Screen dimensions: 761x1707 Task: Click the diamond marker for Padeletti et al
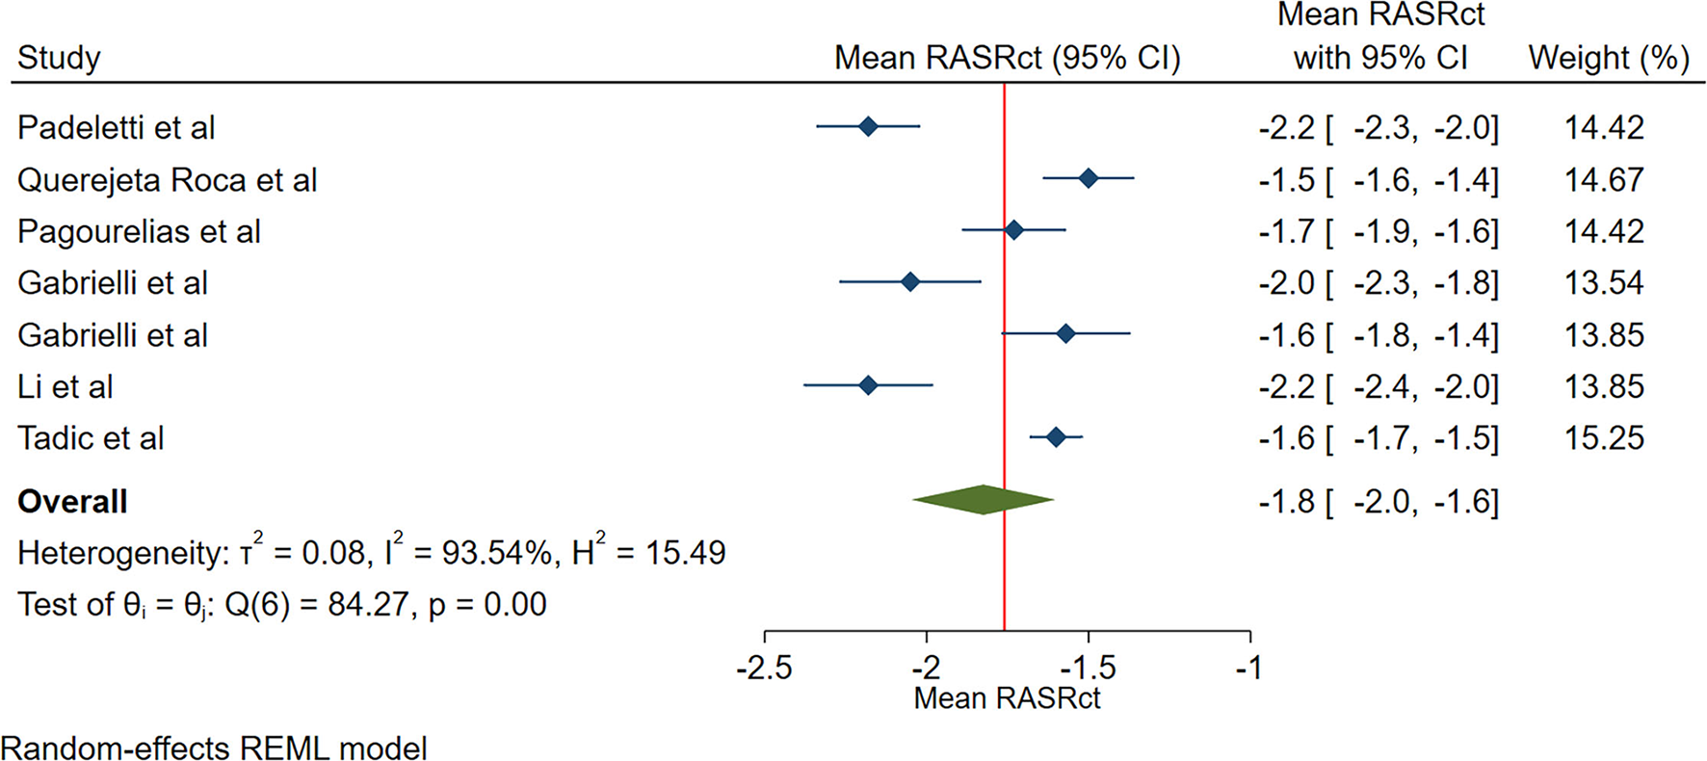868,126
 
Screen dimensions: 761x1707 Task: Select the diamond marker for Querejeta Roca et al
1088,178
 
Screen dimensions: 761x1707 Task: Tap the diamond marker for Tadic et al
1056,437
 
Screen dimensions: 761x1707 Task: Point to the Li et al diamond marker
868,385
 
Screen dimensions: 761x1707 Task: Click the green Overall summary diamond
983,499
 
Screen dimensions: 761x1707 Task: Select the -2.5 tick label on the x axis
764,667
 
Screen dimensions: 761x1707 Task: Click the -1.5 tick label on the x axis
1089,667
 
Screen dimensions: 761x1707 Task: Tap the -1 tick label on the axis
1248,667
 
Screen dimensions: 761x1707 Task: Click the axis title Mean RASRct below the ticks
1007,697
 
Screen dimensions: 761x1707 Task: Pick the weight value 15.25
1604,438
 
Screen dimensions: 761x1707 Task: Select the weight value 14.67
1604,180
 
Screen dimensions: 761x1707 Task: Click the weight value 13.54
1604,283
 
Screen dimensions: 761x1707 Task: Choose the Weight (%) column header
1609,58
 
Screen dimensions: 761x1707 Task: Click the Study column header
59,58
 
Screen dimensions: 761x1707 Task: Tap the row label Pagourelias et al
139,232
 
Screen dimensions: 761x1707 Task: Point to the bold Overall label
72,502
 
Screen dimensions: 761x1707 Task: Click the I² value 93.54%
482,553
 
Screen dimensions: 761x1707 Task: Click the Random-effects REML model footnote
214,748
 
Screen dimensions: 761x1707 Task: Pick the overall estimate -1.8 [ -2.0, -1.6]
1379,502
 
